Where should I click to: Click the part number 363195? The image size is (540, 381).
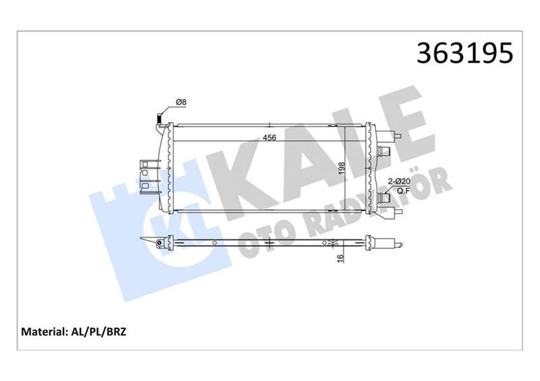tap(466, 53)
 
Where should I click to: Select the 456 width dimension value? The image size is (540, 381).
tap(270, 138)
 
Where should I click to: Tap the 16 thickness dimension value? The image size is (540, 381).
tap(343, 257)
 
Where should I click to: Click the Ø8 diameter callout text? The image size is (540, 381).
tap(181, 102)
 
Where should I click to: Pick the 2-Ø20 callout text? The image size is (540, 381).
tap(398, 181)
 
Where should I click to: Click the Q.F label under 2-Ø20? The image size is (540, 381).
tap(399, 191)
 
